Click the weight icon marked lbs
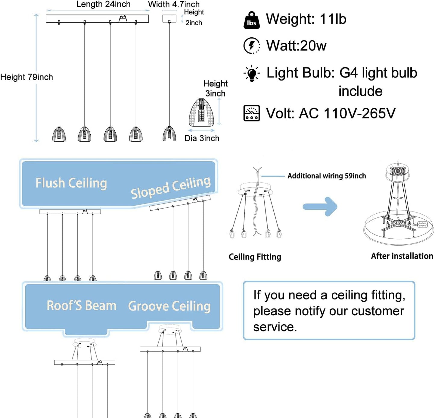click(251, 20)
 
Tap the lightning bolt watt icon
click(251, 46)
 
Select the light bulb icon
click(252, 74)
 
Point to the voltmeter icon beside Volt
click(251, 113)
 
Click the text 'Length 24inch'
click(103, 4)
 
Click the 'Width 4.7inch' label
click(174, 4)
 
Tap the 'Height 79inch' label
click(26, 77)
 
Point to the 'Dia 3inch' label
click(202, 138)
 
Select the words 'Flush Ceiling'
click(71, 183)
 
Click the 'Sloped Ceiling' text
click(171, 187)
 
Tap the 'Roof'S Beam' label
click(82, 306)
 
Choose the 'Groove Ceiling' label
click(169, 306)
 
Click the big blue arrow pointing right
click(320, 206)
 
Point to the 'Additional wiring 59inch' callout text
click(327, 176)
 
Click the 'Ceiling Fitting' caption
click(255, 257)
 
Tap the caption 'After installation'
click(402, 256)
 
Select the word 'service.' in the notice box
click(275, 327)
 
